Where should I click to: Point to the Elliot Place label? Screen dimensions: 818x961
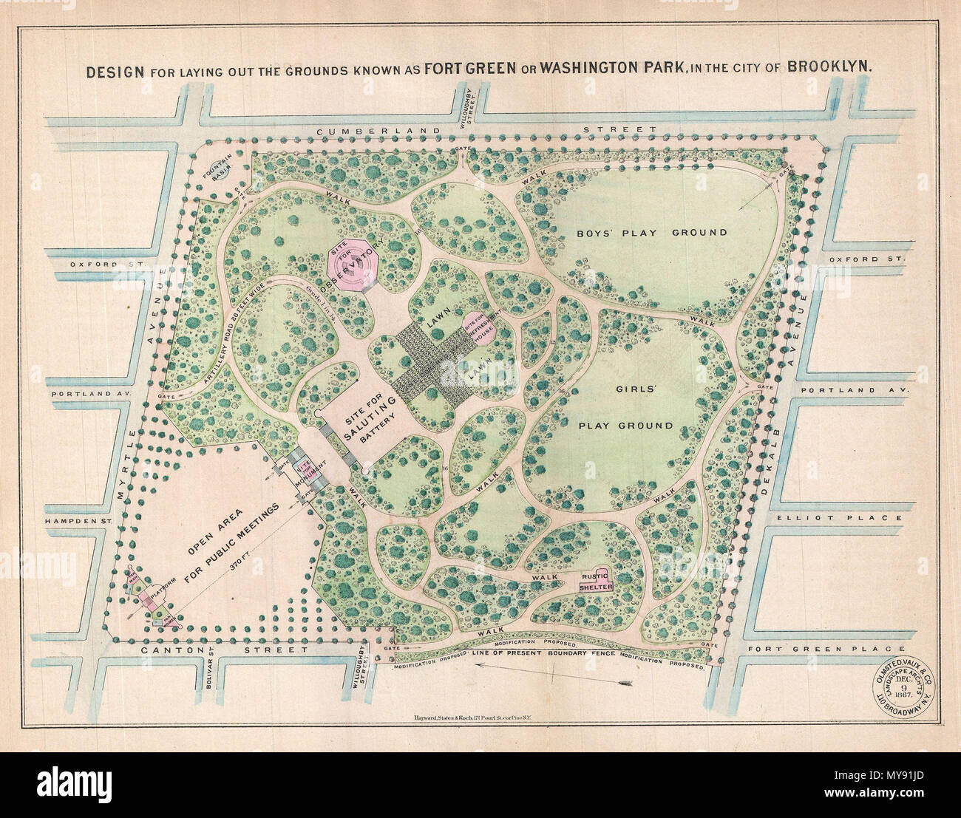click(838, 518)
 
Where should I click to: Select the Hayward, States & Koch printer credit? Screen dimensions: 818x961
click(472, 717)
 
